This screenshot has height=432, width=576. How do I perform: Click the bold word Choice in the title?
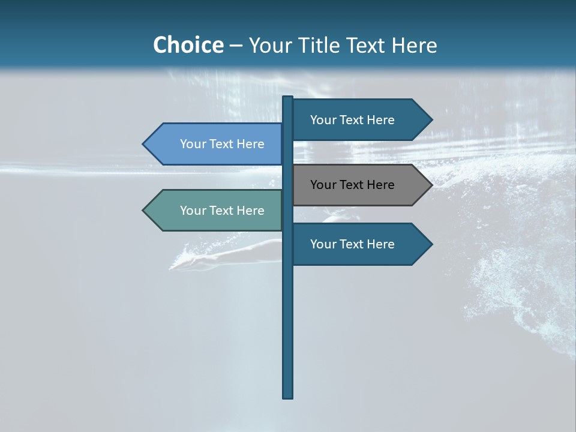(x=188, y=45)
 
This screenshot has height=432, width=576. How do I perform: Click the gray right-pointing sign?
(x=360, y=185)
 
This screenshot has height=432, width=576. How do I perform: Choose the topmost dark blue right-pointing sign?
(x=360, y=120)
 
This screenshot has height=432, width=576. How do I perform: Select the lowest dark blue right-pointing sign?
(x=360, y=244)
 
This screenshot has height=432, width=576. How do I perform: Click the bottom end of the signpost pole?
(x=288, y=395)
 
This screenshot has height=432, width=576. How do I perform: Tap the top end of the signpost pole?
(x=288, y=98)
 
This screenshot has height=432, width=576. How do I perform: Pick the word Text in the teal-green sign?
(x=222, y=211)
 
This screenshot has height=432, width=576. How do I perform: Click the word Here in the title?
(x=414, y=45)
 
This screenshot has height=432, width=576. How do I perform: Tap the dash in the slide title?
(x=236, y=46)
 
